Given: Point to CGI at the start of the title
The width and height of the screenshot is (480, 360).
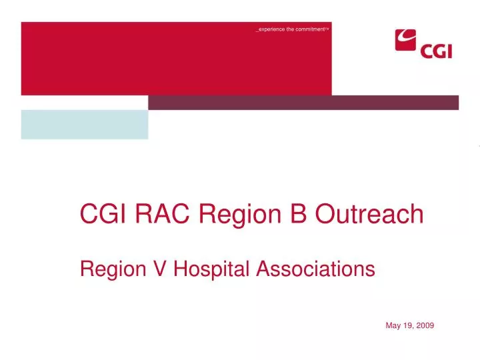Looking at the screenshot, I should pos(104,214).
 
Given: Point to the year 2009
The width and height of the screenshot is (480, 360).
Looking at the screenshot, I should pos(425,325).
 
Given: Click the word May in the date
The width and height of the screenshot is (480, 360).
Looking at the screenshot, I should pos(393,325).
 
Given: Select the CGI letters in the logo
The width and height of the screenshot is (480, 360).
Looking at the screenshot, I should pos(436,50).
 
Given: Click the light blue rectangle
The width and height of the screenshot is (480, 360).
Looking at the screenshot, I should pos(85,125).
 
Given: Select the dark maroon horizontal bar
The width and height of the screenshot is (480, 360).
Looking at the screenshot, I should pos(303,102).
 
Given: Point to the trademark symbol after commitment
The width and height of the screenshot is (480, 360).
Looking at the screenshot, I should pos(327,29).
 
